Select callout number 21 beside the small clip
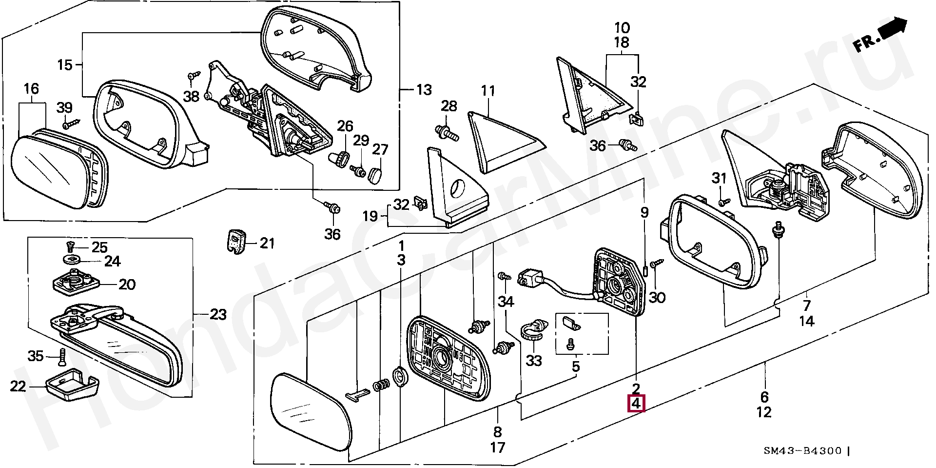pos(267,243)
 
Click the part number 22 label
pos(18,387)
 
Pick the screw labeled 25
pos(70,247)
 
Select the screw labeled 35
pos(62,358)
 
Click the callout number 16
pos(31,89)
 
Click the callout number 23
pos(218,315)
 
